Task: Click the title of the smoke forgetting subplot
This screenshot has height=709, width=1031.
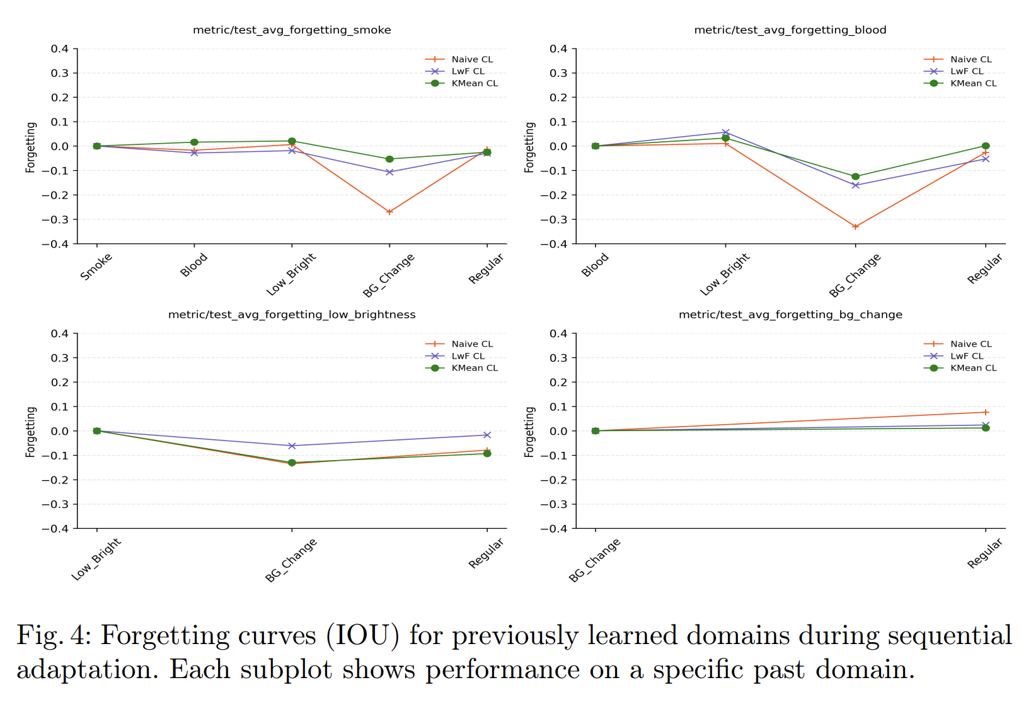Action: [x=292, y=30]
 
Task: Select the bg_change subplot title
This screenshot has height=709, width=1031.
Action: [x=790, y=314]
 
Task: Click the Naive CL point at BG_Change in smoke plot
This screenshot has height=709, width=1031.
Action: [x=389, y=212]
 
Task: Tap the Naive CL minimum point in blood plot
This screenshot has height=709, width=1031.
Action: [x=855, y=227]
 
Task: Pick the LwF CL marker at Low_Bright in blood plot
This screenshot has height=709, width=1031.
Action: [x=725, y=132]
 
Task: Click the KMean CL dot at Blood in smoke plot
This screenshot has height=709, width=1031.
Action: [x=194, y=142]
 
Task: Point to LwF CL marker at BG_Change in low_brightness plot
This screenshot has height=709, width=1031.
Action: [x=292, y=446]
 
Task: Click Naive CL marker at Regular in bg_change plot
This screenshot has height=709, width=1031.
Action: [x=986, y=412]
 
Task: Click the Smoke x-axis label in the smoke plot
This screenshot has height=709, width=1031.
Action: [x=96, y=267]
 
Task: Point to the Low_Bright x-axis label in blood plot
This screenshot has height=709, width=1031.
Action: [x=725, y=274]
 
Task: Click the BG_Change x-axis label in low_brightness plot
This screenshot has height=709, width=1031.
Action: [x=291, y=560]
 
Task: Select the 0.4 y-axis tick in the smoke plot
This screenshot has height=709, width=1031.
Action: [x=60, y=49]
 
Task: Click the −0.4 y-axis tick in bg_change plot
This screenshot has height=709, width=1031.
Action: [x=554, y=529]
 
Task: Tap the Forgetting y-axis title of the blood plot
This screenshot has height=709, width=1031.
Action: [x=529, y=147]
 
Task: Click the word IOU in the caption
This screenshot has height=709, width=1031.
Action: [x=362, y=636]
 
